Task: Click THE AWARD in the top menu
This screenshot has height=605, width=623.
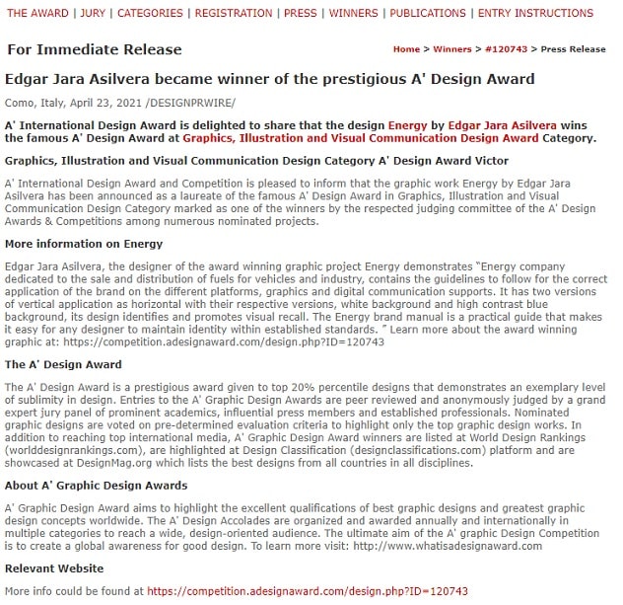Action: click(38, 13)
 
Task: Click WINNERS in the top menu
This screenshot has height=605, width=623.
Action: click(353, 13)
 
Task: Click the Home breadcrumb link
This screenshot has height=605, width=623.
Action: click(406, 49)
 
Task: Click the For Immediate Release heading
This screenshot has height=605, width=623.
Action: click(95, 49)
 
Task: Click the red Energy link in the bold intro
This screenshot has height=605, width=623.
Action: click(407, 125)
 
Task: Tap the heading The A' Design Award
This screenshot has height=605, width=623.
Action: click(63, 364)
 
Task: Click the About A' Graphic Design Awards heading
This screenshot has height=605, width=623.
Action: click(96, 486)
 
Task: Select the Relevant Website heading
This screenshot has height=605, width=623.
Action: click(54, 568)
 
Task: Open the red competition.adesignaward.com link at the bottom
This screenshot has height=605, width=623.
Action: click(307, 591)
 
